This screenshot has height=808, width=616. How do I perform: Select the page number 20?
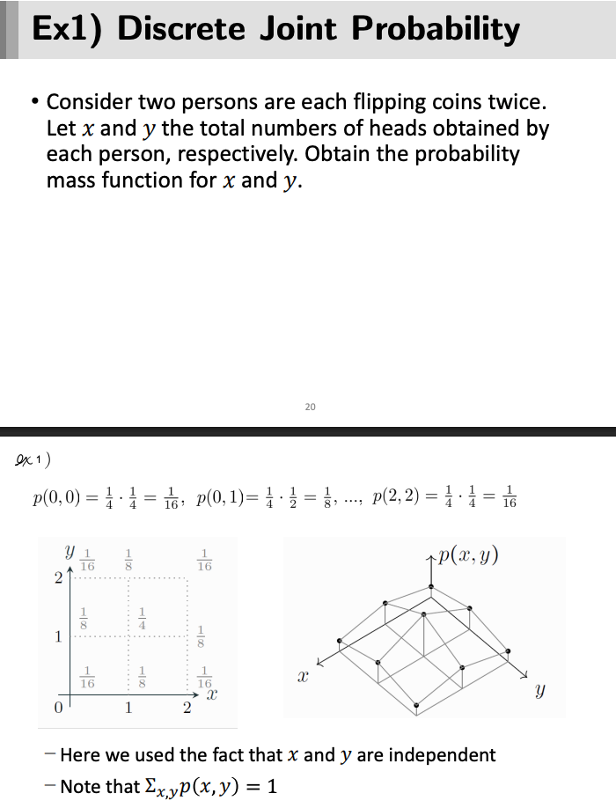[x=309, y=407]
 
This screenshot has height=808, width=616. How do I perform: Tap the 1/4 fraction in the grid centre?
[x=140, y=619]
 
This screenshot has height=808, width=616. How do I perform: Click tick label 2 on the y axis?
[x=58, y=578]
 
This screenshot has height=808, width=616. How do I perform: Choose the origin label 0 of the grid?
[x=58, y=706]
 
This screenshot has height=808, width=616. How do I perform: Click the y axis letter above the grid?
[x=69, y=552]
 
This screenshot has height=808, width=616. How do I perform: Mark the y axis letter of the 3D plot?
[x=539, y=693]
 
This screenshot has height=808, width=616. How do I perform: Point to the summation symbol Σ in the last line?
[x=151, y=785]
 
